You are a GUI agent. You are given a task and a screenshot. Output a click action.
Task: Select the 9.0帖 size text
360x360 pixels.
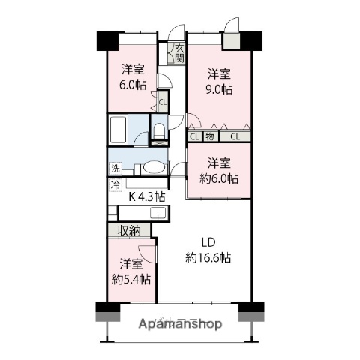click(x=219, y=89)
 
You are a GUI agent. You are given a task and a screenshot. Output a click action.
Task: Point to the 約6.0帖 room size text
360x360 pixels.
click(x=218, y=178)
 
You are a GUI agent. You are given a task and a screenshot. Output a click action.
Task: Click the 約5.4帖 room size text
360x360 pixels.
click(x=130, y=279)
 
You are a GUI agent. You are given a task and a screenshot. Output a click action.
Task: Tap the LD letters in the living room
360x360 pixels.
click(x=208, y=242)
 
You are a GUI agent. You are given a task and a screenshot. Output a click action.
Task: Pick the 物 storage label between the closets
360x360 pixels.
click(x=211, y=136)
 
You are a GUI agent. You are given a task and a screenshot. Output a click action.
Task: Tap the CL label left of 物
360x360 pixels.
click(x=194, y=136)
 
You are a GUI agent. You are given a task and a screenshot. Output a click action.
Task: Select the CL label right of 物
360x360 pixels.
click(x=235, y=136)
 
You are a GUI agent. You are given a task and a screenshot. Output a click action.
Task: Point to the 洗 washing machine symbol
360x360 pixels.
click(x=115, y=167)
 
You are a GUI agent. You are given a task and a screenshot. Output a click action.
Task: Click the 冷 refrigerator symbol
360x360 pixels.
click(x=115, y=184)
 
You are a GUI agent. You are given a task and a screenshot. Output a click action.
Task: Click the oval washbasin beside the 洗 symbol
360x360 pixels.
click(x=153, y=168)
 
